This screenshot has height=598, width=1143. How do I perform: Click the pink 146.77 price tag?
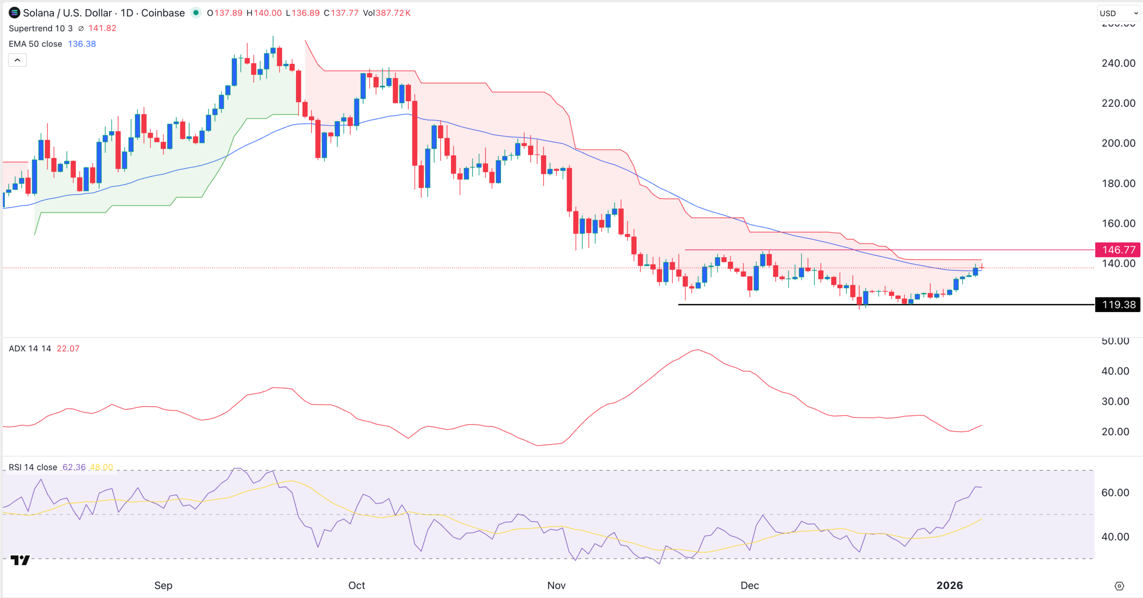click(1118, 250)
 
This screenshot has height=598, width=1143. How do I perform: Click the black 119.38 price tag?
click(1118, 305)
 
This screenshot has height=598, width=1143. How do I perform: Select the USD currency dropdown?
click(1118, 13)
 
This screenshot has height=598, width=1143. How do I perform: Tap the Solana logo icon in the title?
click(14, 13)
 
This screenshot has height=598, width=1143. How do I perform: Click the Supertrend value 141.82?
click(102, 28)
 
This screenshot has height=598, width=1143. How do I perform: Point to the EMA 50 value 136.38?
click(82, 44)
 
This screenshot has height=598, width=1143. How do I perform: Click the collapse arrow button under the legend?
click(17, 60)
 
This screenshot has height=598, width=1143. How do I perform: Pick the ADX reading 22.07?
click(68, 348)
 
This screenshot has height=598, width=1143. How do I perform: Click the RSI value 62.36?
click(74, 467)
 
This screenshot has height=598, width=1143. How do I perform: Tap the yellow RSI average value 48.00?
click(101, 467)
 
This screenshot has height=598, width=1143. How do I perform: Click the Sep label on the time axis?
click(163, 585)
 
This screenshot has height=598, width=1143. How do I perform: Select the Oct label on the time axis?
click(356, 585)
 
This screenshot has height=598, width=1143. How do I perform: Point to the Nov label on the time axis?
click(556, 585)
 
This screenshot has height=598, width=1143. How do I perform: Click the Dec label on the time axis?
click(749, 585)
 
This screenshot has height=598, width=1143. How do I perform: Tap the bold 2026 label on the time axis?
click(949, 585)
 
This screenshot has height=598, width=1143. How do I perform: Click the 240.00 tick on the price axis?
click(1118, 63)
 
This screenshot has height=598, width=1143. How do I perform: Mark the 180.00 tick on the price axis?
click(1118, 183)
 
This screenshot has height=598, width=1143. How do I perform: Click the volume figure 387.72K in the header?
click(393, 13)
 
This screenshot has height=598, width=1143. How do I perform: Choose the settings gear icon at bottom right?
click(1119, 586)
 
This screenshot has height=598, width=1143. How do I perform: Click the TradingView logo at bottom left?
click(20, 560)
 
